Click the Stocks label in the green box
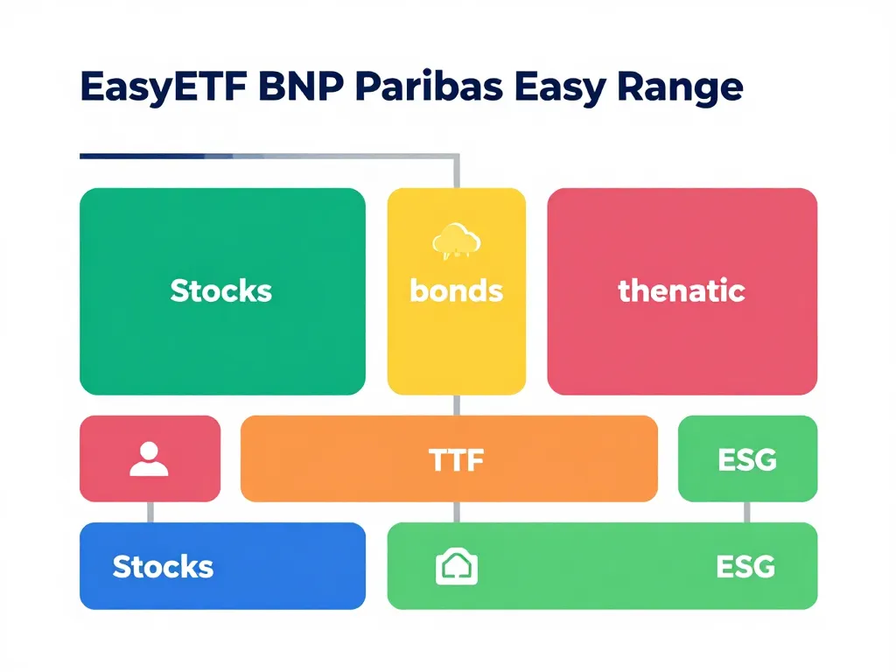221,290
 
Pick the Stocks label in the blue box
163,566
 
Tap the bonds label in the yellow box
456,290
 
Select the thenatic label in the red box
682,290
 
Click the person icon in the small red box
149,459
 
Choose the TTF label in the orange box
456,459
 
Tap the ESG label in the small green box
746,459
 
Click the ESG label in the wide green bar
745,566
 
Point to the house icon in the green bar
456,567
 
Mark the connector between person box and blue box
150,512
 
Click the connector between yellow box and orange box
456,405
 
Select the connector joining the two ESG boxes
746,512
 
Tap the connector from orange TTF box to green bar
456,512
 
